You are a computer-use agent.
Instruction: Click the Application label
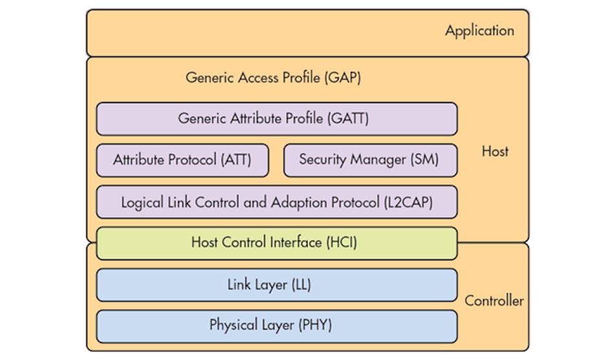479,31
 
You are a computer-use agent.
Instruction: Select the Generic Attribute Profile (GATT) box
276,119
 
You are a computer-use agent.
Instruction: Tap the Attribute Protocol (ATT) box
182,160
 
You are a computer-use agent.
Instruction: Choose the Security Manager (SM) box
370,160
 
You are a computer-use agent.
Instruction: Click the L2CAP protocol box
276,202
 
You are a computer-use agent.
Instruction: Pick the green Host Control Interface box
276,243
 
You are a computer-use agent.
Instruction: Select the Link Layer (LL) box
276,285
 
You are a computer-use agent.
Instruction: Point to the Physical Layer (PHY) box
276,326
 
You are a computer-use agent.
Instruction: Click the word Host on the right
495,152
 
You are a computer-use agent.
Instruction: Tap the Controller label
495,301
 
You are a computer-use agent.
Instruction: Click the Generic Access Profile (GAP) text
273,78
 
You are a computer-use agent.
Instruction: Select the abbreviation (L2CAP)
408,202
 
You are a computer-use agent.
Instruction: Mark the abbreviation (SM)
424,160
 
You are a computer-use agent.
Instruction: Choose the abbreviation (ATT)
235,160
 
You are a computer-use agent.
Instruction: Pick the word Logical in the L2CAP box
142,202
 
